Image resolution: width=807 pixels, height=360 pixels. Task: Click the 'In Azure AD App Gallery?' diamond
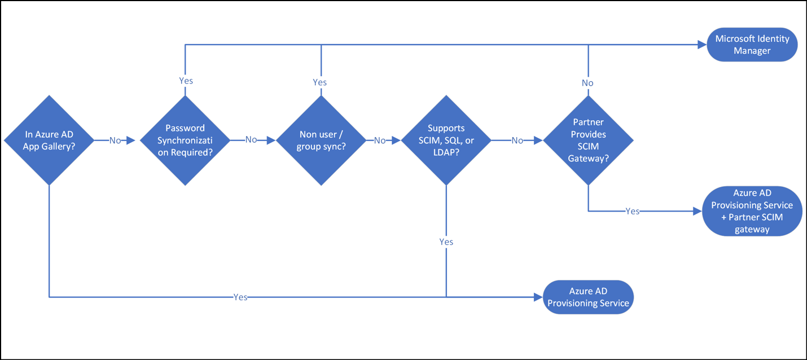pyautogui.click(x=49, y=141)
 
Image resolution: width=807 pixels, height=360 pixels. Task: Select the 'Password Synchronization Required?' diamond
pyautogui.click(x=185, y=141)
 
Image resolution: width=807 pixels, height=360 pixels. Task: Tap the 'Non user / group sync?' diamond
pyautogui.click(x=321, y=141)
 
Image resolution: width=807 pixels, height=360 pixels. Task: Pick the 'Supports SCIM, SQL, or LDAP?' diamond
pyautogui.click(x=446, y=141)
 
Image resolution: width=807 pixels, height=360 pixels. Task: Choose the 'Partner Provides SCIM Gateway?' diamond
pyautogui.click(x=589, y=141)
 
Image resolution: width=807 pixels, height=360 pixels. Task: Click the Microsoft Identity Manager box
pyautogui.click(x=752, y=45)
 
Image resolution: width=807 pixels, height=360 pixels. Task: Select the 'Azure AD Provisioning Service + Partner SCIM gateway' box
pyautogui.click(x=752, y=211)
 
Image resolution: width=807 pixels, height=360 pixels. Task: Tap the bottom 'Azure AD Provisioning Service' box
pyautogui.click(x=588, y=297)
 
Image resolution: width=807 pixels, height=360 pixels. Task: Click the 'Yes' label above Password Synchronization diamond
pyautogui.click(x=186, y=81)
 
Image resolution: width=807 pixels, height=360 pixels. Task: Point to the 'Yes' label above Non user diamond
pyautogui.click(x=320, y=82)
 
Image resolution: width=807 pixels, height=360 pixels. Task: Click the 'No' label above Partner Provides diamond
pyautogui.click(x=587, y=83)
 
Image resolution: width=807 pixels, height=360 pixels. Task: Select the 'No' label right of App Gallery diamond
pyautogui.click(x=115, y=141)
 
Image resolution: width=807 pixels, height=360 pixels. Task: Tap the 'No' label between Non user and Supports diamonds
pyautogui.click(x=380, y=141)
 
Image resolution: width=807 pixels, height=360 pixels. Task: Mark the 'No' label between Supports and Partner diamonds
pyautogui.click(x=517, y=141)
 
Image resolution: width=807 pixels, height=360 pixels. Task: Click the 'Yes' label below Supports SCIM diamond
pyautogui.click(x=446, y=242)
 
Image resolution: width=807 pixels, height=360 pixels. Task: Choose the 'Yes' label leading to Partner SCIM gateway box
pyautogui.click(x=633, y=211)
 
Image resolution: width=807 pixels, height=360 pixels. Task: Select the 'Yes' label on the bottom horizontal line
pyautogui.click(x=240, y=297)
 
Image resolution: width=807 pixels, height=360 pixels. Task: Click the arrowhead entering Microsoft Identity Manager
pyautogui.click(x=703, y=45)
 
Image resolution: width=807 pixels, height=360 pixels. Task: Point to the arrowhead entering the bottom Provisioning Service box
pyautogui.click(x=538, y=297)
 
